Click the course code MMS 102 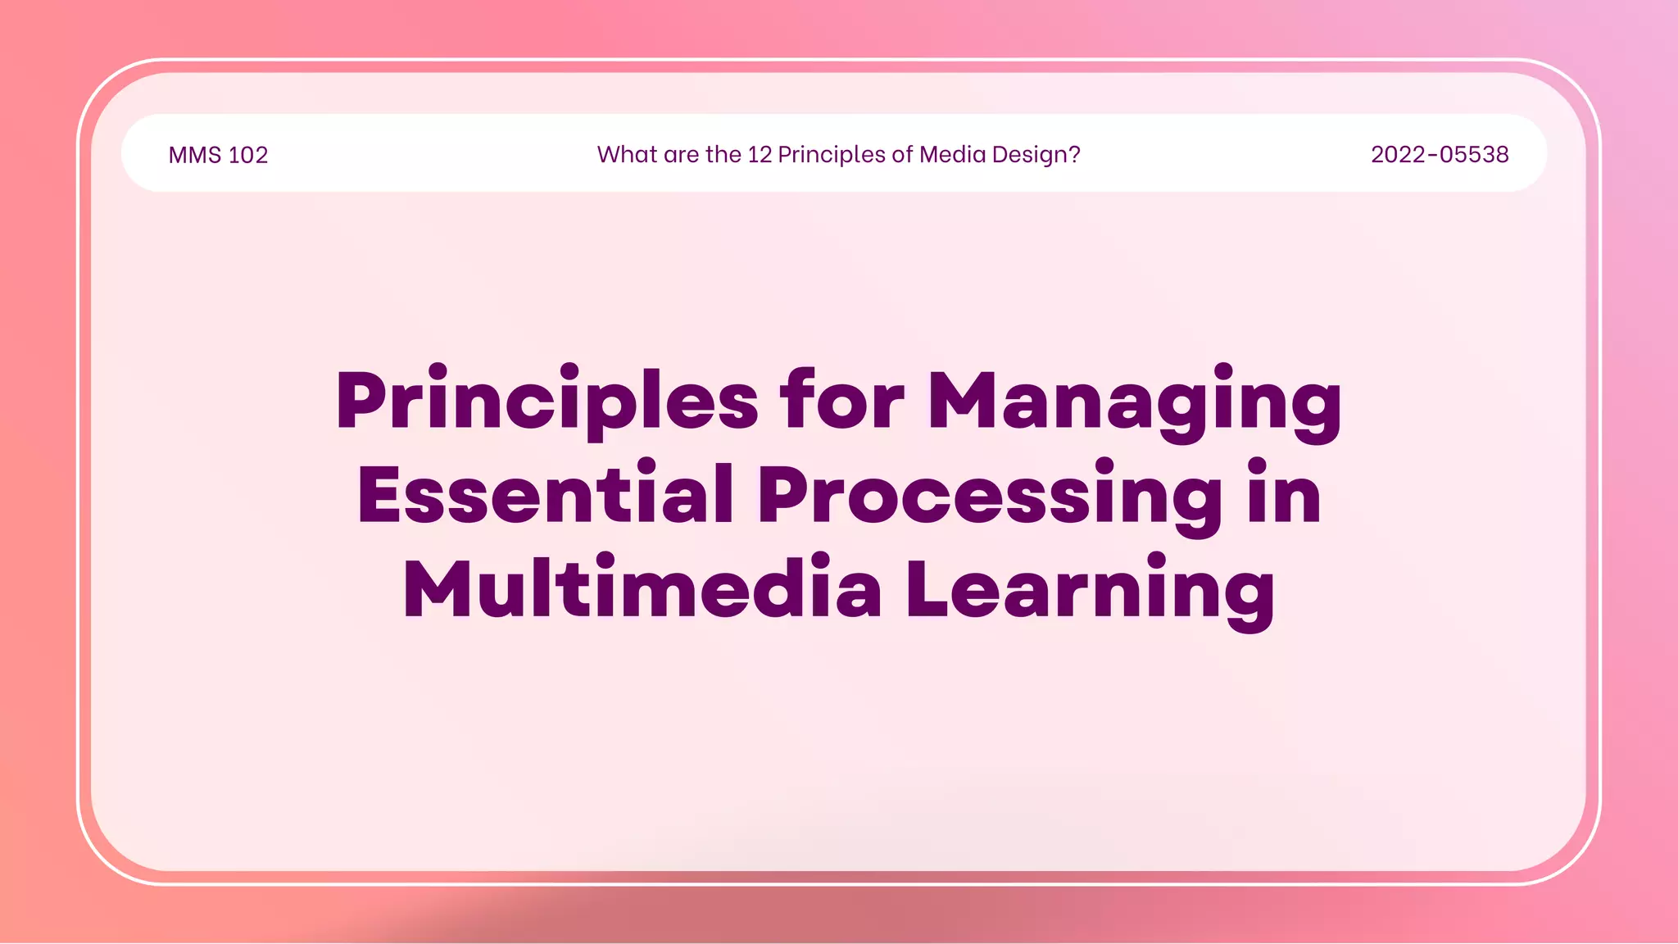[218, 155]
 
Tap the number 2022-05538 [1440, 154]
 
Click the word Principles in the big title [547, 402]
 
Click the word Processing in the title [990, 497]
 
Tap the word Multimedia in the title [642, 589]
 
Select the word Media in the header [953, 154]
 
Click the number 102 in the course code [248, 155]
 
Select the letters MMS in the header [195, 155]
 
